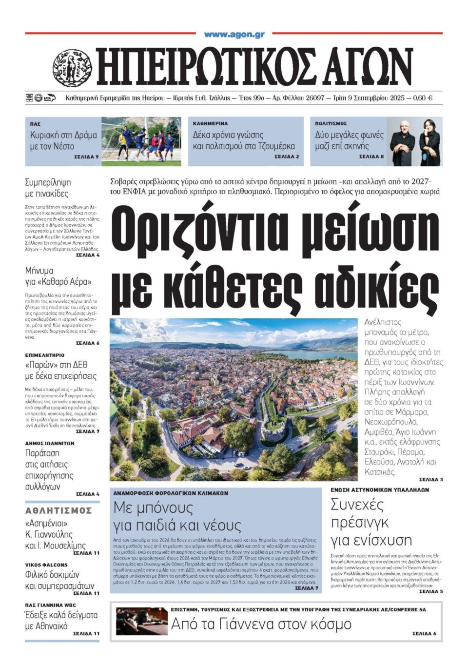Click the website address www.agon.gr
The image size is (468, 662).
tap(234, 34)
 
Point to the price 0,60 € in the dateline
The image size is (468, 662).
tap(423, 98)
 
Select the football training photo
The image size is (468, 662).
tap(141, 141)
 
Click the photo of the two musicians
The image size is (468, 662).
tap(415, 141)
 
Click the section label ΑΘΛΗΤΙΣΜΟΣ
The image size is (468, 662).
tap(58, 510)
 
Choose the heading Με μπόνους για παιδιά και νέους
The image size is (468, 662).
tap(177, 516)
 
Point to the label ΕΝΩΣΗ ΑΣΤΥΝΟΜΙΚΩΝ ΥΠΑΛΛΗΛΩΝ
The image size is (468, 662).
tap(380, 490)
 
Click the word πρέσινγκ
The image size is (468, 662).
tap(360, 523)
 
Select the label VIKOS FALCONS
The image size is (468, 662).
tap(46, 565)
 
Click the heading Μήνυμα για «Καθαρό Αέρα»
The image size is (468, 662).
tap(58, 276)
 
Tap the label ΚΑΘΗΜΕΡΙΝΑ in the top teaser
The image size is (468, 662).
tap(210, 124)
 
